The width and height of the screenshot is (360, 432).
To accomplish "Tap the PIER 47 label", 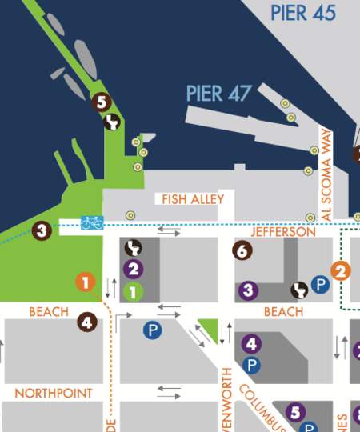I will pos(219,94).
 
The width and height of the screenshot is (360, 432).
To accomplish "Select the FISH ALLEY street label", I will pos(193,198).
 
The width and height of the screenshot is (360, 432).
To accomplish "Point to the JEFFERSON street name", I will pos(283,232).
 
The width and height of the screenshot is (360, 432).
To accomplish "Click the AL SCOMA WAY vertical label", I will pos(326,173).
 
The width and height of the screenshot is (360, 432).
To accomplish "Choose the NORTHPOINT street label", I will pos(53,394).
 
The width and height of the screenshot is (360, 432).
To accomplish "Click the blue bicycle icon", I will pos(92,222).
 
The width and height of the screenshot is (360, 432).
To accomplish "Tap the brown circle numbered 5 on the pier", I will pos(100,102).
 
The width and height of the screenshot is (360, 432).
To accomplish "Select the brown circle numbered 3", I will pos(42,231).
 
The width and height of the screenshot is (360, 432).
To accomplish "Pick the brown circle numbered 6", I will pos(242,250).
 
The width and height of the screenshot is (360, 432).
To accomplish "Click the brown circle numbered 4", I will pos(87,322).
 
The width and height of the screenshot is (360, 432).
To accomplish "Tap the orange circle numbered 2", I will pos(342,270).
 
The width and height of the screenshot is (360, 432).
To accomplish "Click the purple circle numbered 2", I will pos(133,270).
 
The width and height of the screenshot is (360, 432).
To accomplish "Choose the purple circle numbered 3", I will pos(249,290).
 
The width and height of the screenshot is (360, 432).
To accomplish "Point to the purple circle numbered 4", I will pos(251,344).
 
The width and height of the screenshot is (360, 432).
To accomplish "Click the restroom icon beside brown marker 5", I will pos(114,122).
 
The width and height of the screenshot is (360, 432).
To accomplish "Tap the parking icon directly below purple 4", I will pos(251,365).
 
